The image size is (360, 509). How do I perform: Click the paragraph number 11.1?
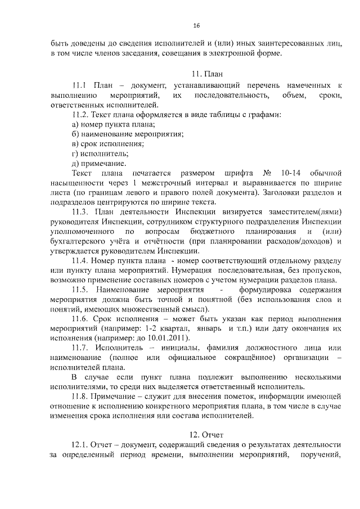[x=79, y=85]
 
